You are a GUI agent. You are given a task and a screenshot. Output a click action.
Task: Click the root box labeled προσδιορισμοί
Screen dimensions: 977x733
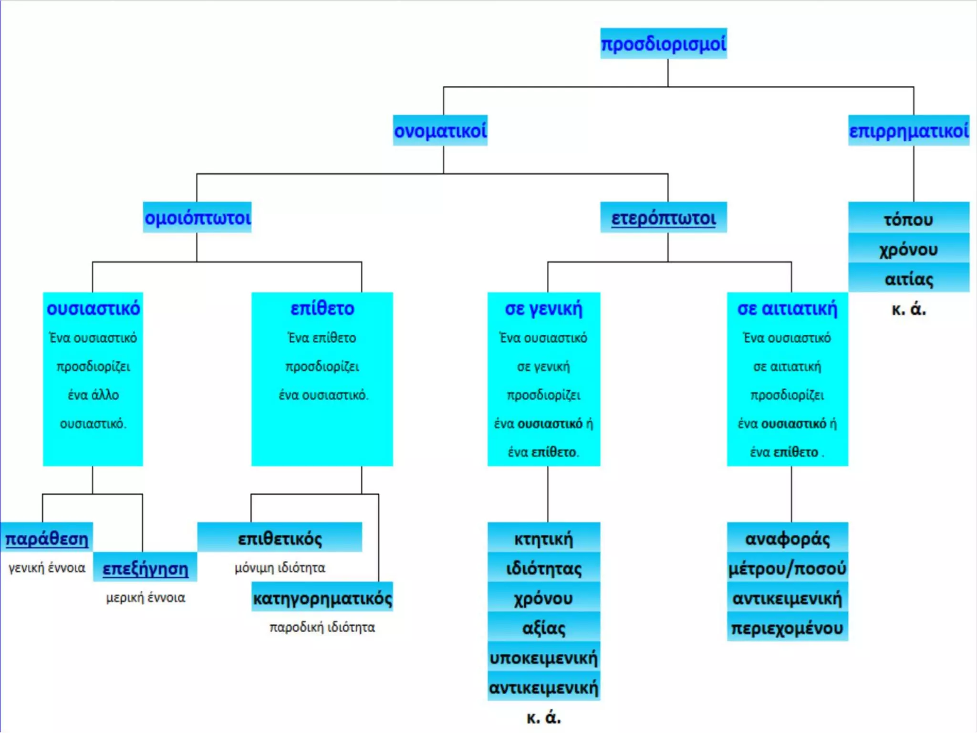tap(663, 43)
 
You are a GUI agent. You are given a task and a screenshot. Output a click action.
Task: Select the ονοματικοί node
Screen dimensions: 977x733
tap(440, 130)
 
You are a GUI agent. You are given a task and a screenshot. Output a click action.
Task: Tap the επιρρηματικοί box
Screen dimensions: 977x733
tap(909, 130)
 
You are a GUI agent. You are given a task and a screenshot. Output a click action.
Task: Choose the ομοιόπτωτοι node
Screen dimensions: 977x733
tap(197, 218)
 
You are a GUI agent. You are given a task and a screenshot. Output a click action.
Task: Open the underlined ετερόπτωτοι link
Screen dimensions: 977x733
tap(664, 218)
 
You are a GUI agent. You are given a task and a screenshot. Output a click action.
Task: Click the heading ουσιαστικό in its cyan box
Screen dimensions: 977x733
tap(93, 308)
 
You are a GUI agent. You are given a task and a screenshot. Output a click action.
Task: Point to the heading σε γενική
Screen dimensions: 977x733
tap(544, 309)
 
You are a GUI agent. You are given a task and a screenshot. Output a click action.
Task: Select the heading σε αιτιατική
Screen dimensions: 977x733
tap(787, 309)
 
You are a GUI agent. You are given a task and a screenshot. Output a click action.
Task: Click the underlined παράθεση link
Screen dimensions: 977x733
tap(47, 538)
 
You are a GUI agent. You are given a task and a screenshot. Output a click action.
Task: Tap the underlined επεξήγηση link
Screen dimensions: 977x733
tap(145, 568)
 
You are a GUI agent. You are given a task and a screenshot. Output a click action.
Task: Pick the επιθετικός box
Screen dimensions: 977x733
tap(280, 538)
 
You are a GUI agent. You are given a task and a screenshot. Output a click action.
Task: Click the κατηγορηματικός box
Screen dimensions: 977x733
tap(322, 597)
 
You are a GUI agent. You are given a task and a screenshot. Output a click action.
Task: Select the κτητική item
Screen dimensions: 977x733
tap(544, 538)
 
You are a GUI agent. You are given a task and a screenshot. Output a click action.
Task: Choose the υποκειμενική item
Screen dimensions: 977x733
tap(544, 657)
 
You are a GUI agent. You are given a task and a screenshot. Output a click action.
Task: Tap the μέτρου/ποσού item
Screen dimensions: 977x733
tap(787, 568)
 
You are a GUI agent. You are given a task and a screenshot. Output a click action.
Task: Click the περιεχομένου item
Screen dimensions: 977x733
tap(787, 627)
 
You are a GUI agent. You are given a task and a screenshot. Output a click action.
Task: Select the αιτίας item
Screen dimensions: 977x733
tap(909, 278)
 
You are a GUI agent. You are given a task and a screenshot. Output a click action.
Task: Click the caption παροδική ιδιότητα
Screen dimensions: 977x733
tap(322, 627)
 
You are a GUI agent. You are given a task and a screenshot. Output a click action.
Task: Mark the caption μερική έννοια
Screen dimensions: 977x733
tap(146, 597)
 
